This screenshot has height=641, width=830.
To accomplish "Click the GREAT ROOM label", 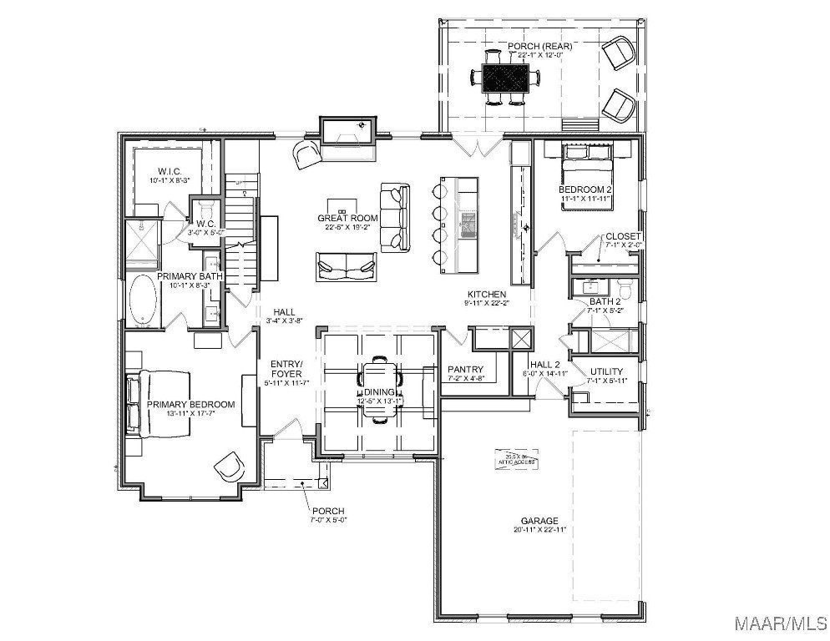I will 347,219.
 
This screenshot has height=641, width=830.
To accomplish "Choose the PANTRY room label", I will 466,369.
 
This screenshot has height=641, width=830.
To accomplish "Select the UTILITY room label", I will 606,371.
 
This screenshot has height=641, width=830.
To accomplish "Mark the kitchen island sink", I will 468,222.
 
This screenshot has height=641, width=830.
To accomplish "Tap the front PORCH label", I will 327,511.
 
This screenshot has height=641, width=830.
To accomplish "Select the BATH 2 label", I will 605,301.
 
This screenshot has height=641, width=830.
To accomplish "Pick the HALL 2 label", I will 544,364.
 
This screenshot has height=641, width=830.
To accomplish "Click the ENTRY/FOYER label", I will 286,369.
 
